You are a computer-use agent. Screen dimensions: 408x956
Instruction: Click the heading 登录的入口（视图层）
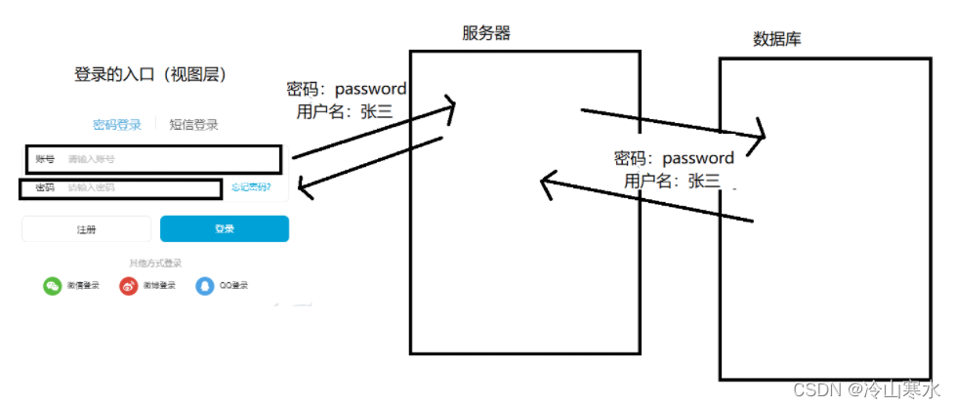tap(151, 74)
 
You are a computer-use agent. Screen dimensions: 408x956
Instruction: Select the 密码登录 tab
tap(117, 124)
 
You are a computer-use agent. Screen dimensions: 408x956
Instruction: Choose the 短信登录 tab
tap(193, 124)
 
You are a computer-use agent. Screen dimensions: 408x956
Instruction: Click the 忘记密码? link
tap(251, 187)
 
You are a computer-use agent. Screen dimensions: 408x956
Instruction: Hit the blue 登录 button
tap(225, 228)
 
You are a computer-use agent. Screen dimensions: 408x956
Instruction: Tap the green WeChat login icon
tap(52, 286)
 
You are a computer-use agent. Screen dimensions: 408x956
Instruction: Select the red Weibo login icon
tap(128, 286)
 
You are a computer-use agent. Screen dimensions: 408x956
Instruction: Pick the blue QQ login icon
tap(203, 286)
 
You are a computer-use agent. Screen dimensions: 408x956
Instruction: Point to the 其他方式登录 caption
tap(155, 263)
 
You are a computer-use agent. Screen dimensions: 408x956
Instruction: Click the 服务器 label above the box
tap(486, 33)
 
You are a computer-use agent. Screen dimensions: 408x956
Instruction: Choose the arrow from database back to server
tap(644, 201)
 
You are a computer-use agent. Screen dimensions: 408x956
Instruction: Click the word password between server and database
tap(698, 158)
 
